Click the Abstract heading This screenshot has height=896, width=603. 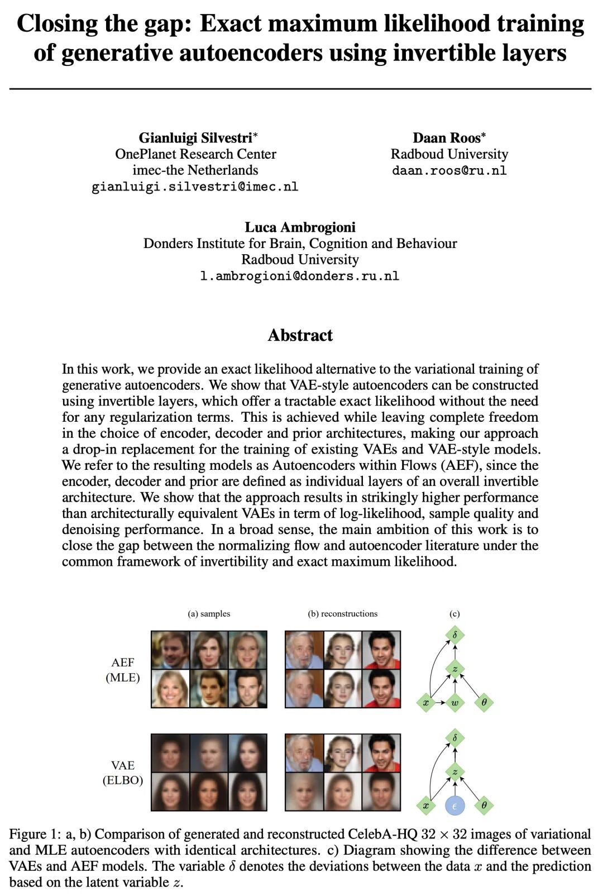[x=300, y=335]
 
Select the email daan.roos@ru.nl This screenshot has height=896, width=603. [x=449, y=170]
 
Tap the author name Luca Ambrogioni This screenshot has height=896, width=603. [x=300, y=227]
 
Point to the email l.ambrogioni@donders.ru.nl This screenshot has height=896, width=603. [x=300, y=276]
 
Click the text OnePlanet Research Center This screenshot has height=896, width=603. [x=195, y=154]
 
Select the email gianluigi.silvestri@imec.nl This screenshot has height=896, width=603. [x=195, y=187]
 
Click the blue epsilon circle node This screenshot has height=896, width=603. [x=454, y=806]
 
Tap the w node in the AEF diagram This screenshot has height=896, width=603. [x=454, y=702]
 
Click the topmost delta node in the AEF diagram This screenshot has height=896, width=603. [x=454, y=635]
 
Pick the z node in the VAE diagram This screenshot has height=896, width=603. [x=454, y=772]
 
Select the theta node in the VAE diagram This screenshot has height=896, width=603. [x=484, y=806]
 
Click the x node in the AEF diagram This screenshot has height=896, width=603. [x=426, y=702]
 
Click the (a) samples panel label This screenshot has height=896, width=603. [x=209, y=614]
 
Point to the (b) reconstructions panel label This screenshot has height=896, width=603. [x=342, y=614]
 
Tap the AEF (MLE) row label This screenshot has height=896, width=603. [x=123, y=670]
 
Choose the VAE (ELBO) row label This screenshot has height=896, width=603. [x=123, y=773]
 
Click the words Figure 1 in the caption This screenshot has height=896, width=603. [x=33, y=835]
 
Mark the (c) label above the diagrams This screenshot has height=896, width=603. [x=454, y=614]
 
